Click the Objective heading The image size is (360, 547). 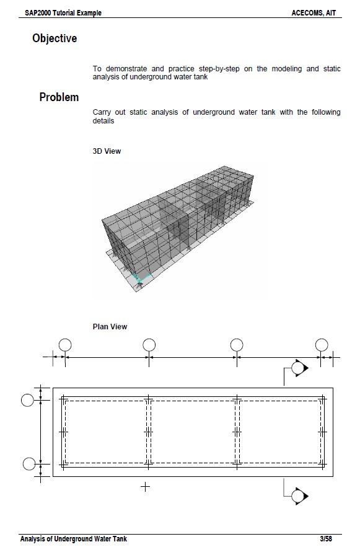55,38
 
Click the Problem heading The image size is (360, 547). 59,97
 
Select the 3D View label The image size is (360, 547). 107,151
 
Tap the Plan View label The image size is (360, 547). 110,327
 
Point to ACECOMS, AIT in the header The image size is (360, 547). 314,12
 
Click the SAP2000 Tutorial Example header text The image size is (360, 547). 55,12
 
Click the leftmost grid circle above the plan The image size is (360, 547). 64,345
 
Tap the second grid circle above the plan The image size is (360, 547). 149,345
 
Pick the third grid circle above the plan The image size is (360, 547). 236,345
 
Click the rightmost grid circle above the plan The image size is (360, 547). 321,345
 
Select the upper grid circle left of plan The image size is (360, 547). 27,400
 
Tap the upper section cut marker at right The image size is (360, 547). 299,368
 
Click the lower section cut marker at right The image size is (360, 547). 299,496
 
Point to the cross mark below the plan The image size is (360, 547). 145,487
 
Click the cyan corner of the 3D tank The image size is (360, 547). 141,278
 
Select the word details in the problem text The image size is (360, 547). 103,121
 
